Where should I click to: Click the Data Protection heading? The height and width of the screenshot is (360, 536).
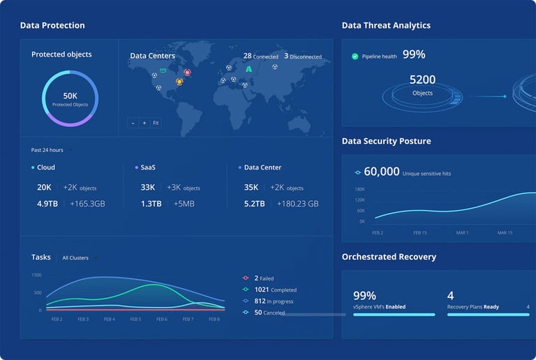[x=52, y=25]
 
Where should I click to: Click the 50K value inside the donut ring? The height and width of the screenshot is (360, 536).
[x=70, y=96]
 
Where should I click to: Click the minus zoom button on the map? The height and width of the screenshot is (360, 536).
[x=133, y=123]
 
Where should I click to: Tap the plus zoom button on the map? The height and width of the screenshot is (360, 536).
[x=144, y=123]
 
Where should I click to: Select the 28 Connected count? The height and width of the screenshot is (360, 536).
[x=260, y=56]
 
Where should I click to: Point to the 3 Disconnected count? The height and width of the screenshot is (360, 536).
[x=302, y=56]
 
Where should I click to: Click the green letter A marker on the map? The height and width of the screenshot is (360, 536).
[x=248, y=69]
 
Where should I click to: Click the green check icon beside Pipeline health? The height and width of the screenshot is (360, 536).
[x=355, y=56]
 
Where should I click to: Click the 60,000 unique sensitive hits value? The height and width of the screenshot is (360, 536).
[x=381, y=172]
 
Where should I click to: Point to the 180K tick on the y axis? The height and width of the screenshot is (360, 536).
[x=360, y=189]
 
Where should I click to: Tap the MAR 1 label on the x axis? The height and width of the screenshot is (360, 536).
[x=463, y=232]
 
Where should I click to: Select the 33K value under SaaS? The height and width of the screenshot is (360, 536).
[x=148, y=187]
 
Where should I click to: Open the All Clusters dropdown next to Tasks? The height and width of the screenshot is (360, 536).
[x=77, y=258]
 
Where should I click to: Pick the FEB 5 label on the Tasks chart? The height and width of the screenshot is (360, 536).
[x=135, y=319]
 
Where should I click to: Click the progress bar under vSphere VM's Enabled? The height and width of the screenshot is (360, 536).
[x=394, y=315]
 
